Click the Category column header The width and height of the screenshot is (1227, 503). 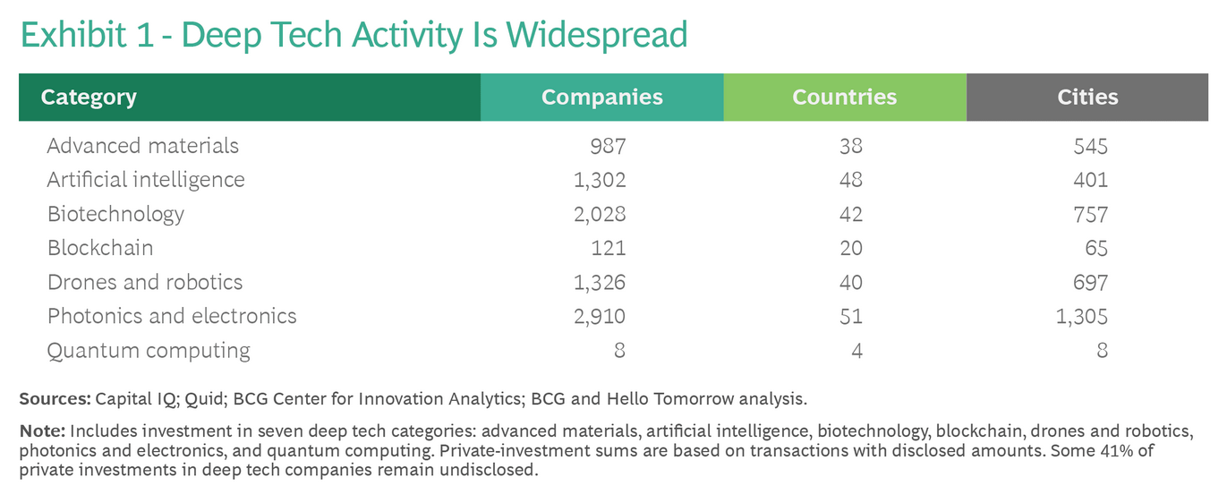coord(89,97)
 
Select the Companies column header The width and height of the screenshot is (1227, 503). coord(601,97)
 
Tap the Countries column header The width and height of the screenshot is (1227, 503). coord(844,97)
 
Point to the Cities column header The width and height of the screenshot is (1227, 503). coord(1087,97)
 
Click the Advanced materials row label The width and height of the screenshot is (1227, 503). coord(142,145)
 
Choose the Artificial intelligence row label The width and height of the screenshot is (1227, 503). coord(145,179)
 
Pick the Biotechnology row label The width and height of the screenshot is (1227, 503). coord(115,214)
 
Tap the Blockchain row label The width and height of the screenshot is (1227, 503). coord(99,248)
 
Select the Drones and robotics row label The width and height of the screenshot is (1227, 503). coord(144,282)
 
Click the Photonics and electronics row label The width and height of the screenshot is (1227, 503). coord(171,316)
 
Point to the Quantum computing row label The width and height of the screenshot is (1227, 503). coord(149,350)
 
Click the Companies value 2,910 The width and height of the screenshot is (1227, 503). coord(599,316)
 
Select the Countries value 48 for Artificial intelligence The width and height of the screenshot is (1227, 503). coord(851,179)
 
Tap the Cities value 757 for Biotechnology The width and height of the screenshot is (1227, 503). coord(1091,214)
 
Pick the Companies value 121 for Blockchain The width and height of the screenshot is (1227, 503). coord(609,248)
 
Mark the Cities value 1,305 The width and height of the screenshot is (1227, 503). coord(1081,316)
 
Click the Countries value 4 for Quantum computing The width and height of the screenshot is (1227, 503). coord(856,350)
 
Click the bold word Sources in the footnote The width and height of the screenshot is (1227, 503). coord(54,398)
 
